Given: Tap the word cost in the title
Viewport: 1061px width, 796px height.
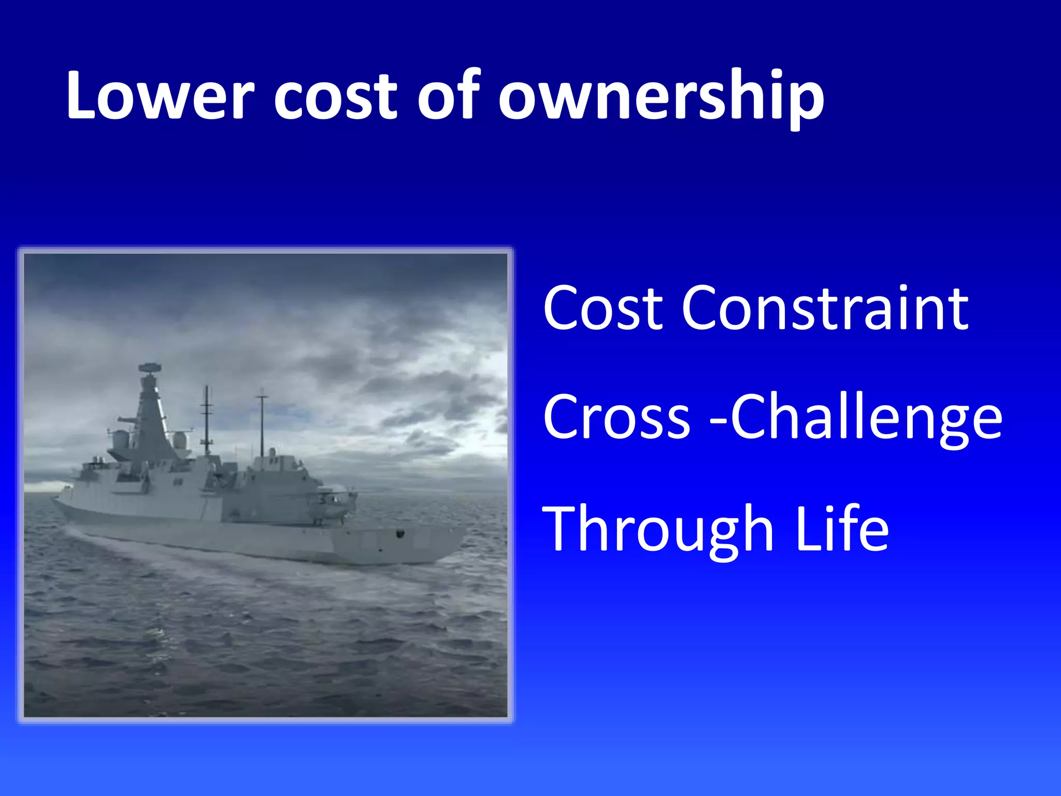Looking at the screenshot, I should tap(334, 96).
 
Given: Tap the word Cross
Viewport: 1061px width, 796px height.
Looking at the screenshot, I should tap(616, 418).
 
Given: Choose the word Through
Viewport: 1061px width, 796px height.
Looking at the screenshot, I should tap(658, 530).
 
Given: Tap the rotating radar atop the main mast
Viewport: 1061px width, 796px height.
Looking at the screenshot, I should tap(150, 368).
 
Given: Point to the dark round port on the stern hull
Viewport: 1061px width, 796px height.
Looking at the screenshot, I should tap(399, 533).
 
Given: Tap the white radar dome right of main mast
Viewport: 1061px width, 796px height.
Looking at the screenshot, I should tap(180, 439).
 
